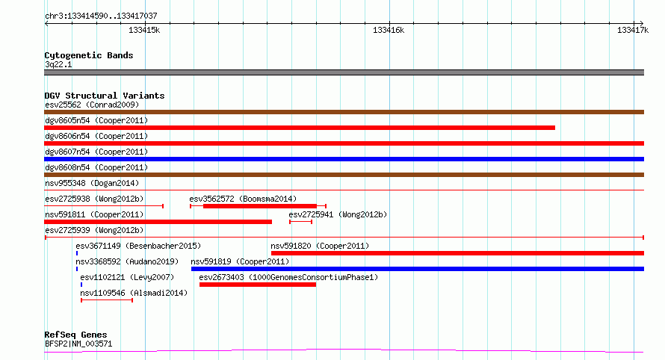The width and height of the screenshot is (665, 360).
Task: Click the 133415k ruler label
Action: point(144,30)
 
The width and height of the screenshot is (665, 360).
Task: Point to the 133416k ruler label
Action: point(389,30)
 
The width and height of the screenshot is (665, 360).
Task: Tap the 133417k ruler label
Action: point(633,30)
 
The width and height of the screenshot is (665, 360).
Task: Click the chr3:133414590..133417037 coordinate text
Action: point(101,16)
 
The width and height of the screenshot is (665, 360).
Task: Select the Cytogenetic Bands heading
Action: point(89,55)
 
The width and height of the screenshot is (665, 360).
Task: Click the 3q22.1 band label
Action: point(58,64)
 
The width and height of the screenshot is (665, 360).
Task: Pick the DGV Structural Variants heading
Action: point(105,96)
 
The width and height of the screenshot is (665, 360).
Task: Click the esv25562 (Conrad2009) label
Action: point(92,105)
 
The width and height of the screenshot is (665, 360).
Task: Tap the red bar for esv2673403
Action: point(258,285)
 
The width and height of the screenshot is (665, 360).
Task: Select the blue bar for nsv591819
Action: point(418,269)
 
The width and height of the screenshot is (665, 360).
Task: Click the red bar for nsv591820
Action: point(457,253)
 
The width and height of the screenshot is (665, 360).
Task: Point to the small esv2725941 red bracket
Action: point(300,222)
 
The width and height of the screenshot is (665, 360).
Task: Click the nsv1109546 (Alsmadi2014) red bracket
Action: point(107,300)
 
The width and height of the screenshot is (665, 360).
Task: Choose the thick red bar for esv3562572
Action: point(260,206)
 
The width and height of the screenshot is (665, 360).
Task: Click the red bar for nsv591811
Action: point(158,222)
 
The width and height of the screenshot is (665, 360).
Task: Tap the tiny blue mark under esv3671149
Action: point(77,253)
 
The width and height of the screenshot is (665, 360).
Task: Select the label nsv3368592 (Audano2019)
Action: point(127,261)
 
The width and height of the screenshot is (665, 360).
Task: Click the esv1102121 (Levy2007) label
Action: point(127,277)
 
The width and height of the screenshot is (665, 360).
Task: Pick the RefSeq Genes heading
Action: point(75,335)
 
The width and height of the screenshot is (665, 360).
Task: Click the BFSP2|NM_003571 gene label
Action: point(78,344)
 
